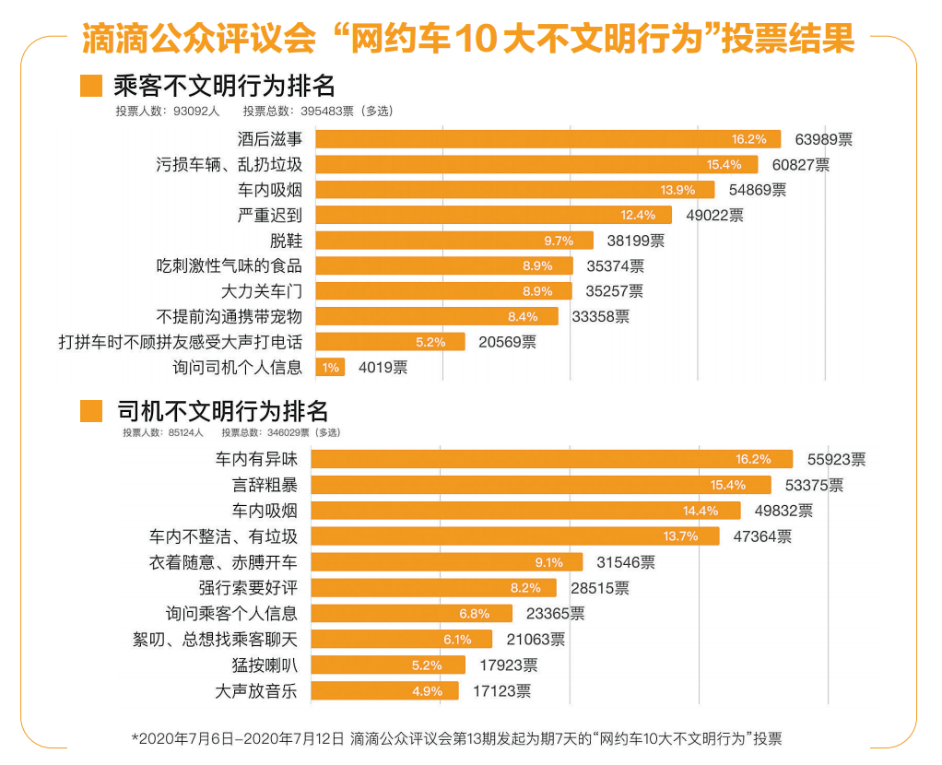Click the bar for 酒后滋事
click(548, 139)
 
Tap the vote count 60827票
click(801, 165)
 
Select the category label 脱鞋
click(286, 241)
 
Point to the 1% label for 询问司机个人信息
click(331, 367)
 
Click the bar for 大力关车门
click(437, 291)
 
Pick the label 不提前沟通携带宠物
click(230, 316)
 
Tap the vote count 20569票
click(507, 342)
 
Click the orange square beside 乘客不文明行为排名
click(91, 86)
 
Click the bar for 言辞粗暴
click(544, 485)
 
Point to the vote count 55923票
click(836, 459)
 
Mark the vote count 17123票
click(501, 690)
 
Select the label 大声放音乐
click(256, 690)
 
